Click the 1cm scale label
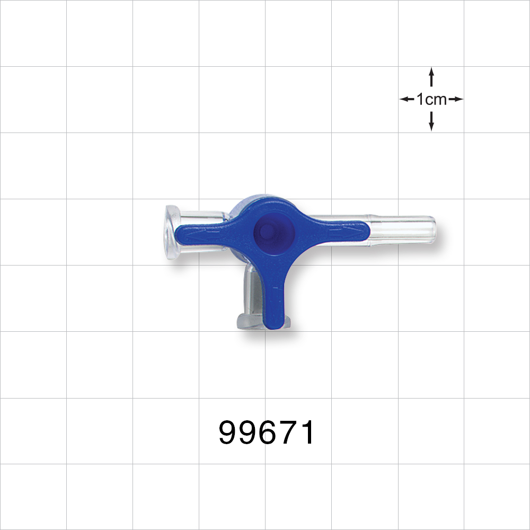click(431, 100)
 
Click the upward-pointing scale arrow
click(431, 77)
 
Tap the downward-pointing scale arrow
click(431, 121)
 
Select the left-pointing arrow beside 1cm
click(407, 99)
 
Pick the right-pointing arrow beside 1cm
click(456, 99)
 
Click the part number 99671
click(267, 432)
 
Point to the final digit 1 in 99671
click(307, 432)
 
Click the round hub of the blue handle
click(274, 231)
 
